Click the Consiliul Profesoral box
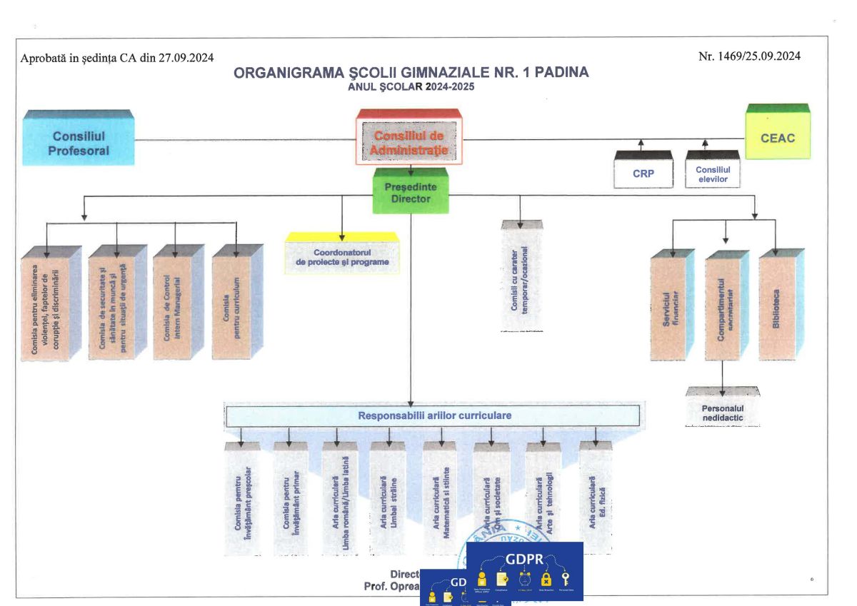[79, 143]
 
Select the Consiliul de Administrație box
[409, 141]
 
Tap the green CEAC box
[778, 137]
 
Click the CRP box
[643, 173]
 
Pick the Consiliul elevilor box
[712, 173]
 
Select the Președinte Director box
[411, 193]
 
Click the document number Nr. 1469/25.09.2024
[749, 56]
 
